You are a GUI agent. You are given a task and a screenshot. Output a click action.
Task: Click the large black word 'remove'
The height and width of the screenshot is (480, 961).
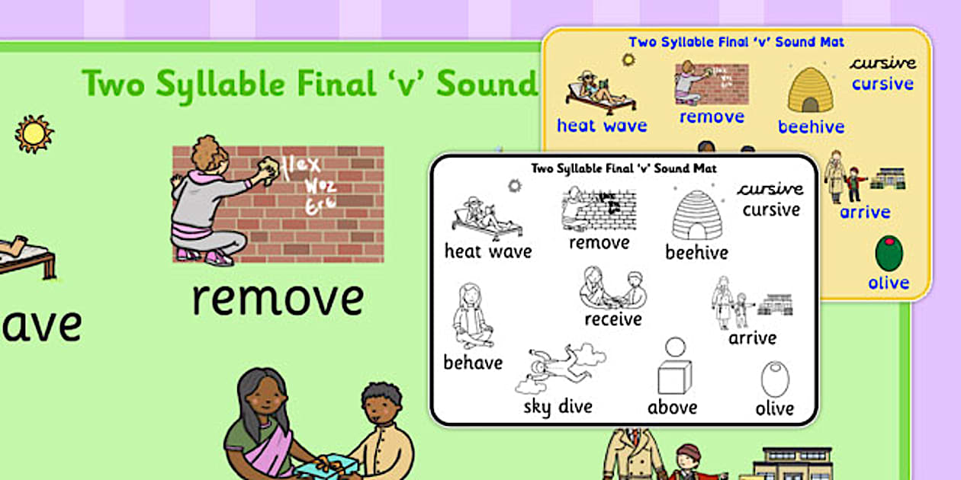click(278, 299)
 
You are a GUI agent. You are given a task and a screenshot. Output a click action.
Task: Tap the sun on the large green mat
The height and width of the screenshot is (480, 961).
click(34, 134)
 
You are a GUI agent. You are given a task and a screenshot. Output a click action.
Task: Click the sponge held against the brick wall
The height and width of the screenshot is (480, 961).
click(266, 169)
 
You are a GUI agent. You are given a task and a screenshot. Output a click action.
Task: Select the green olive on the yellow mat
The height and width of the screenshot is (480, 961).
click(889, 254)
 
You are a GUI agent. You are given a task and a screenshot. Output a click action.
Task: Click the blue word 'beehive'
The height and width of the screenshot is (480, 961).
click(811, 126)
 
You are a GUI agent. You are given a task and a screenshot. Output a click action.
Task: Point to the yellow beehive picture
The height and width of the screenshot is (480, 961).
click(811, 90)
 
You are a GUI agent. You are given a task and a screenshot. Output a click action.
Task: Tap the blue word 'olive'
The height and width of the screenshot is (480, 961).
click(889, 283)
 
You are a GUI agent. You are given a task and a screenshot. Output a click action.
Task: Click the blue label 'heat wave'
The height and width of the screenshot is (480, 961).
click(602, 126)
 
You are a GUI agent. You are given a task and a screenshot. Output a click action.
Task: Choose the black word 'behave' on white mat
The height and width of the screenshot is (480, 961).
click(473, 363)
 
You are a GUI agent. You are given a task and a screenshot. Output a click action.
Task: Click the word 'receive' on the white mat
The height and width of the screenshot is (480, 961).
click(613, 319)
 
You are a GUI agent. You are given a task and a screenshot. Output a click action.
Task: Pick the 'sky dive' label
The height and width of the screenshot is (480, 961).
click(558, 406)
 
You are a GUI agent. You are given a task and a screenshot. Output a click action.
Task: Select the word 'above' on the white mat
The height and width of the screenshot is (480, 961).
click(672, 408)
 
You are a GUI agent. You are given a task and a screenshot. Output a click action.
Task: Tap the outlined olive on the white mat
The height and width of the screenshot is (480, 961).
click(775, 379)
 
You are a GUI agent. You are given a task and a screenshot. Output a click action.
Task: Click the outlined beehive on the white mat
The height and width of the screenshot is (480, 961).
click(696, 215)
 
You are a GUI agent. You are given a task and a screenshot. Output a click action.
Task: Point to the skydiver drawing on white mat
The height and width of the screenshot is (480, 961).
click(559, 366)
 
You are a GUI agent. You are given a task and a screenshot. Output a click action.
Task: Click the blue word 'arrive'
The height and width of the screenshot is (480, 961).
click(865, 212)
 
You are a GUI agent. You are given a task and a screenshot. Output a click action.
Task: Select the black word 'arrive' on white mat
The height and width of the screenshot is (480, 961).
click(753, 338)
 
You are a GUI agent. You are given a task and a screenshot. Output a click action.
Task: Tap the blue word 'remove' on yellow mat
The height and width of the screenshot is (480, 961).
click(712, 117)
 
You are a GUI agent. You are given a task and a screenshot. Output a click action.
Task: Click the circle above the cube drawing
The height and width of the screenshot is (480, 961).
click(675, 347)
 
